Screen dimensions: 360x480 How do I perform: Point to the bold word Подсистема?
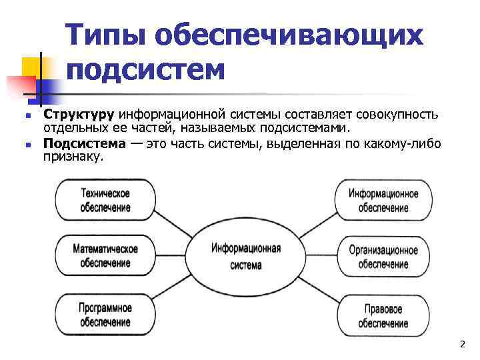[x=84, y=144]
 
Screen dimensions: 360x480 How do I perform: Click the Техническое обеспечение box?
[x=105, y=199]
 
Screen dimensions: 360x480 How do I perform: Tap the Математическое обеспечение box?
[x=105, y=256]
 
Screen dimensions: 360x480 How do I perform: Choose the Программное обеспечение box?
[x=105, y=315]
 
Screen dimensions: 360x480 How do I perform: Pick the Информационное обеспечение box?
[x=383, y=200]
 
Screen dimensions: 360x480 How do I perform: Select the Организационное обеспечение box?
[x=383, y=257]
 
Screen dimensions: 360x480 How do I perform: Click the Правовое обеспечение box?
[x=383, y=315]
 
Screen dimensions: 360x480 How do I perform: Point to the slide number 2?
[x=461, y=344]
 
